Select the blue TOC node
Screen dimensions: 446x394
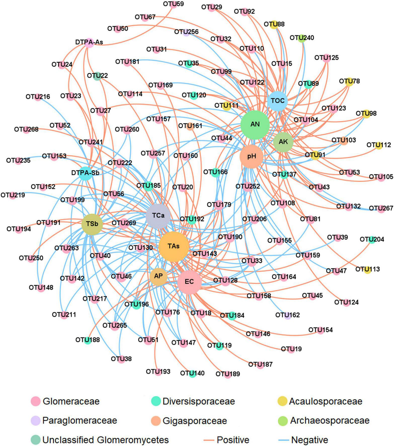pos(278,101)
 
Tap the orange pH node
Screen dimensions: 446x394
pos(252,156)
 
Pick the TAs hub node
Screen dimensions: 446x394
pos(174,247)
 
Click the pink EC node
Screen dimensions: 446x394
pos(189,282)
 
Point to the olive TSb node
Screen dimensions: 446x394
pos(92,224)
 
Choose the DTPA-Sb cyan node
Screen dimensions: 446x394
pos(86,173)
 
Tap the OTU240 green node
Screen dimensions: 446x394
pos(301,38)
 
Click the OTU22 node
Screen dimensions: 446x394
pos(97,76)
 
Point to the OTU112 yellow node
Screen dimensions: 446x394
pos(379,145)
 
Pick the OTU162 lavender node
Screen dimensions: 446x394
pos(288,316)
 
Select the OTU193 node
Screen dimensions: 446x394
pos(158,372)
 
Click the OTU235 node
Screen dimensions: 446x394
pos(18,161)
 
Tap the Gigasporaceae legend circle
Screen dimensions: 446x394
pos(156,421)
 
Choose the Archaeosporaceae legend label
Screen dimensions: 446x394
pos(330,420)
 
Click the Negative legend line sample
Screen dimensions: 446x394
pos(284,440)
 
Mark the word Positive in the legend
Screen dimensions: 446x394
pos(233,440)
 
